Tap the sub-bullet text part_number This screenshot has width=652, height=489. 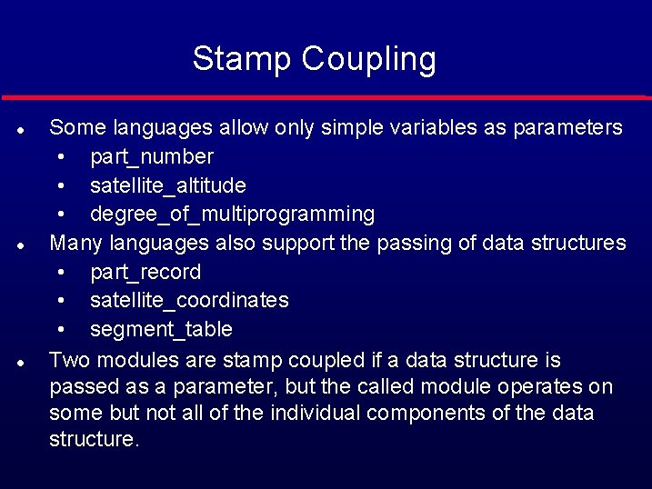click(x=152, y=157)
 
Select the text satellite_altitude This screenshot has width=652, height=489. click(x=167, y=185)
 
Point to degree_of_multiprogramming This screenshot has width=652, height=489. click(x=232, y=215)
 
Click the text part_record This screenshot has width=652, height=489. click(x=145, y=272)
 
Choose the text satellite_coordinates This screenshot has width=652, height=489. click(x=189, y=300)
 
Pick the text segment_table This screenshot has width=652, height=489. click(x=161, y=329)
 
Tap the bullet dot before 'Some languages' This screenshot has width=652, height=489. click(x=19, y=129)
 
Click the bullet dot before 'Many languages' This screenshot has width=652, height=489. click(x=19, y=244)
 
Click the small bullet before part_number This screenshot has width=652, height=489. click(x=61, y=157)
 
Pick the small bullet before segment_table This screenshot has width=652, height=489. click(x=61, y=329)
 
